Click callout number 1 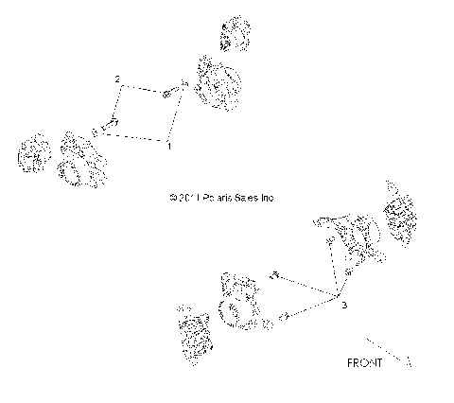[169, 148]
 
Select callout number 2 [117, 79]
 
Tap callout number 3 [344, 306]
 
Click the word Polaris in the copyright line [211, 199]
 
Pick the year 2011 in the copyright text [181, 199]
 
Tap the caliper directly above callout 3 [352, 240]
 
